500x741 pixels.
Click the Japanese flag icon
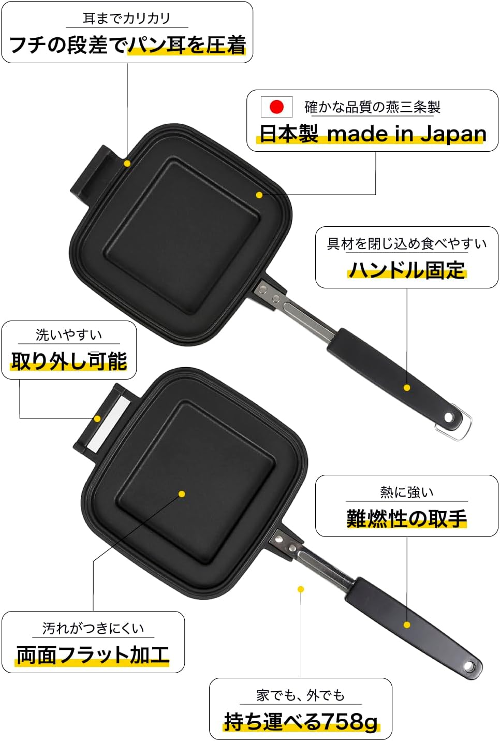click(276, 107)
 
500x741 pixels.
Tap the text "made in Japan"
click(406, 134)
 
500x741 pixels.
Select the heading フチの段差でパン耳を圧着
click(127, 45)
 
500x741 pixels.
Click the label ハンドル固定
click(407, 270)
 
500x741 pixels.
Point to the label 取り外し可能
click(69, 360)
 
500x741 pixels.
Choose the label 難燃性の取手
click(407, 518)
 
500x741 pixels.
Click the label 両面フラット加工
click(93, 655)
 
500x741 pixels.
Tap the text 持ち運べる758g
click(301, 721)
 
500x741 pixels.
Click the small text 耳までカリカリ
click(127, 19)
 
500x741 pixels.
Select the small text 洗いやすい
click(69, 335)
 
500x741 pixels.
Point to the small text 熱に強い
click(407, 492)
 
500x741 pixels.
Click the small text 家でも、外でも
click(301, 695)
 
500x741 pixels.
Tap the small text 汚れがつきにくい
click(93, 629)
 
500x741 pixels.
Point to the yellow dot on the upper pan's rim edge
click(127, 163)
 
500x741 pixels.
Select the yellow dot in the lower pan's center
click(182, 494)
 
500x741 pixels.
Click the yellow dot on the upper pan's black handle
click(407, 387)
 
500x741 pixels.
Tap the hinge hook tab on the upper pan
click(88, 179)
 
